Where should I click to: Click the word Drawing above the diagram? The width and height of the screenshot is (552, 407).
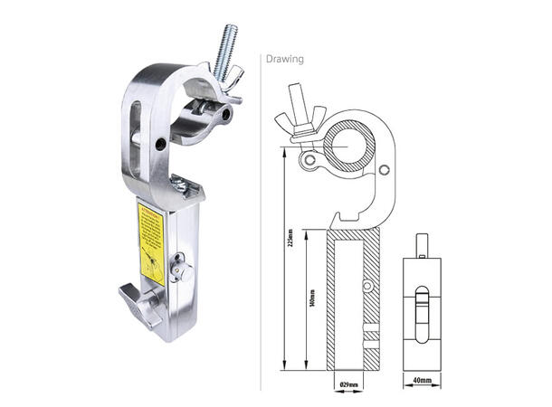click(x=286, y=60)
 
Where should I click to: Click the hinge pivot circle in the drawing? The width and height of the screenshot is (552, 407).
click(x=310, y=160)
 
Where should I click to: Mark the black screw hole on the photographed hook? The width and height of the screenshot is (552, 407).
click(x=160, y=144)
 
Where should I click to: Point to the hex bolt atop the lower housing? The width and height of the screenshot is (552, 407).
click(x=181, y=185)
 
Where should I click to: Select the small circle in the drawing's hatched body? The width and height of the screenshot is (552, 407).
click(x=367, y=286)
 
